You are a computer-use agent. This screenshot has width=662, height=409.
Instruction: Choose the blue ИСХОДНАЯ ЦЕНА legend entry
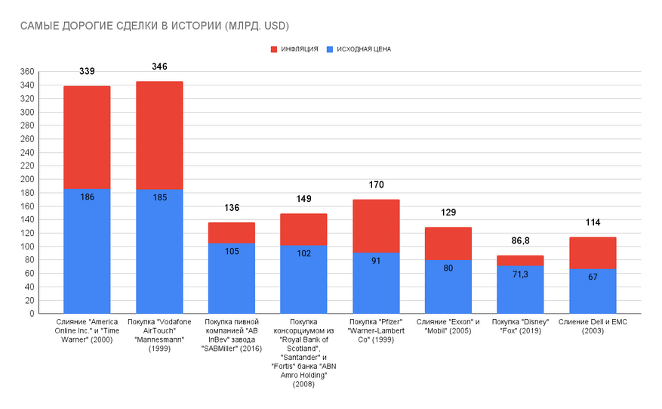click(358, 49)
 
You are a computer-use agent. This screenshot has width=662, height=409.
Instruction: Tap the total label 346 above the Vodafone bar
click(159, 67)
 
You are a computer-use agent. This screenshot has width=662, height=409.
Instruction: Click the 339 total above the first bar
click(87, 72)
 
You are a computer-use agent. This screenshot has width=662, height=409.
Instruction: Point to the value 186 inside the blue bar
click(87, 197)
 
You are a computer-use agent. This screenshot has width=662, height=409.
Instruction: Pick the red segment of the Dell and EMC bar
click(593, 253)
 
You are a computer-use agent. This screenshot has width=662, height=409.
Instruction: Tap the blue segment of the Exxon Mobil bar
click(448, 287)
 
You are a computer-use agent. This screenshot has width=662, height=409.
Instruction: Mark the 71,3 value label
click(521, 274)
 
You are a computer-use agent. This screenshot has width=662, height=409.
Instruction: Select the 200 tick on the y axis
click(27, 180)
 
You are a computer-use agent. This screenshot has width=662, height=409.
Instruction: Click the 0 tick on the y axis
click(32, 314)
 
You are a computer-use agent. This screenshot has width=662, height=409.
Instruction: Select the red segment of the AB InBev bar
click(232, 233)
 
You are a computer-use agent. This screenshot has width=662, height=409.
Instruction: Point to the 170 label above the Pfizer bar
click(376, 184)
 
